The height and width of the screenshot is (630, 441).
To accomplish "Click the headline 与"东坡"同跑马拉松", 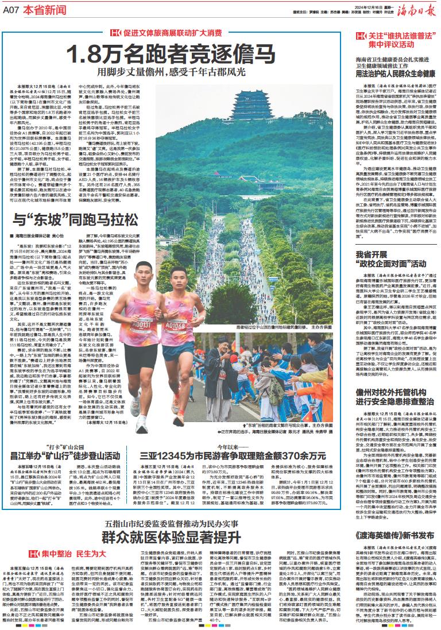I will click(75, 204).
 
